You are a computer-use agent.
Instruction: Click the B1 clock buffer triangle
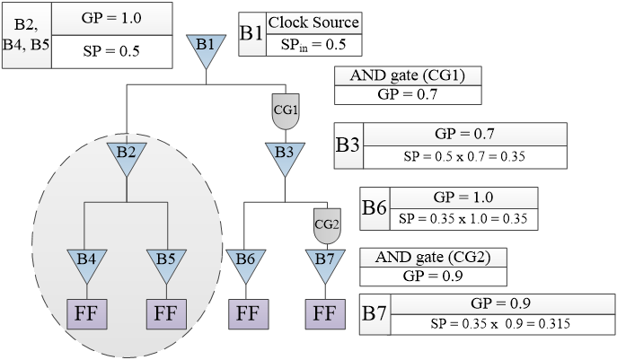click(206, 48)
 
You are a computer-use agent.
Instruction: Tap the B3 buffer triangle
click(285, 158)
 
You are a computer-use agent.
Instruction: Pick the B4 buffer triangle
click(86, 264)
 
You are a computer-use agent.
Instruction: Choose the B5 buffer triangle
click(165, 264)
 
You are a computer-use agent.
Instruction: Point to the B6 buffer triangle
click(245, 264)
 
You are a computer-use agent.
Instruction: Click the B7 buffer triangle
click(324, 264)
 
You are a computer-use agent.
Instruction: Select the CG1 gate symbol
click(285, 113)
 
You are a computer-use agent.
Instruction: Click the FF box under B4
click(86, 313)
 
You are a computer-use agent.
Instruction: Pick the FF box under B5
click(165, 313)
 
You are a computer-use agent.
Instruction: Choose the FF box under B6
click(245, 313)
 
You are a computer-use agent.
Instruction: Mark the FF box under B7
click(324, 313)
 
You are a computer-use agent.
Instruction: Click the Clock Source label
click(313, 22)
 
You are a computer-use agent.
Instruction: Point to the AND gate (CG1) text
click(407, 75)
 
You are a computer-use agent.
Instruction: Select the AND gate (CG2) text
click(432, 257)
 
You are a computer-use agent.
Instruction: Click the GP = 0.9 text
click(500, 303)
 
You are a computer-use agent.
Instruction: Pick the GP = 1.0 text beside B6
click(463, 197)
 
